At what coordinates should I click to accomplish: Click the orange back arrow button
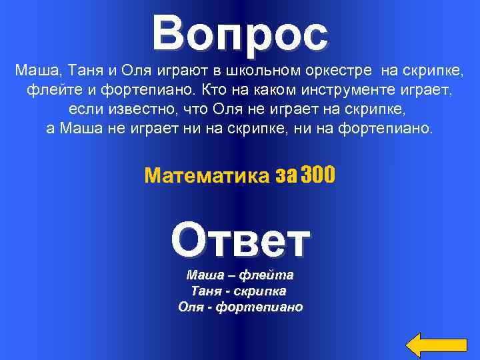pos(437,343)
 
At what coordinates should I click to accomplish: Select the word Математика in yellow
pos(206,175)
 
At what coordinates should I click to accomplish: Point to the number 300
pos(318,175)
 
